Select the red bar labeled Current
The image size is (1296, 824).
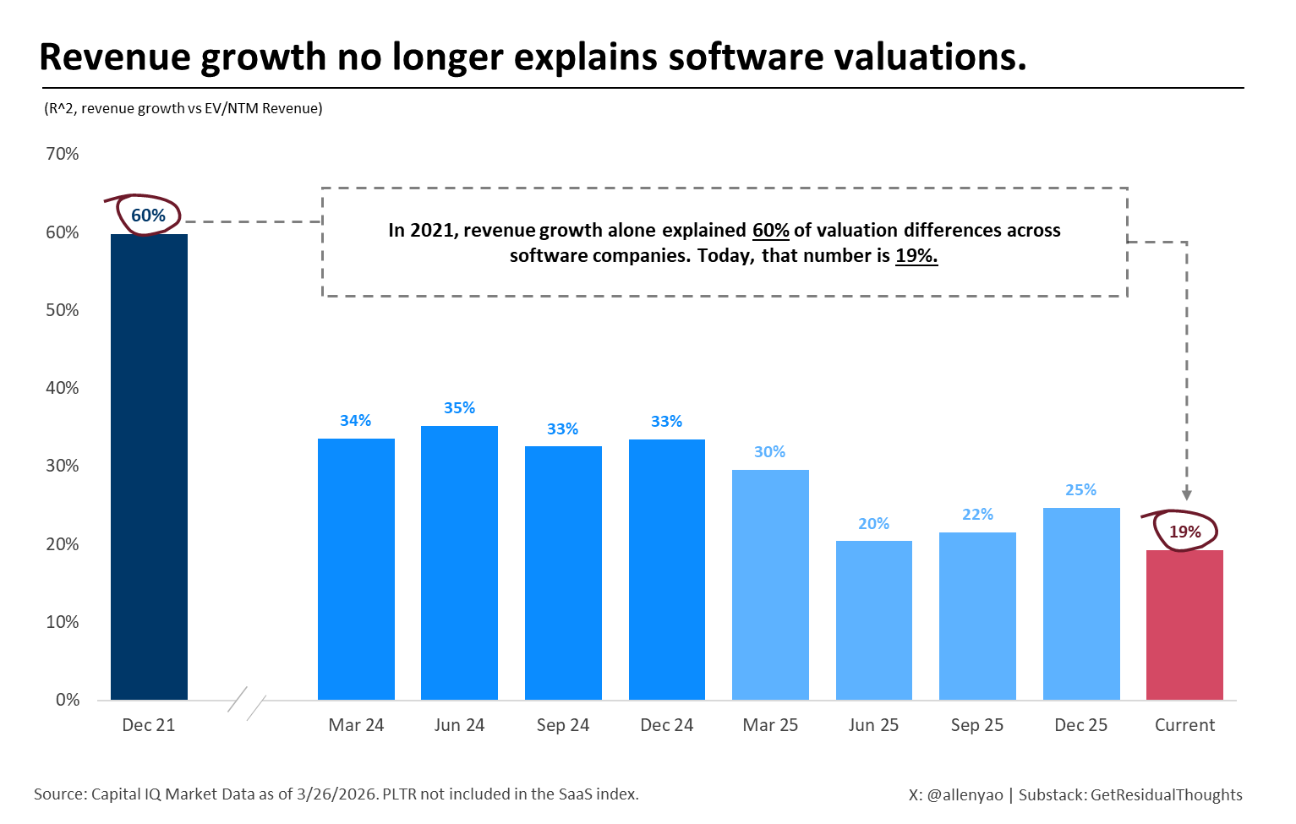(1184, 625)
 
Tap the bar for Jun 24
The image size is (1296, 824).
(459, 563)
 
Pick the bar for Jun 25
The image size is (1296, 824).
(873, 620)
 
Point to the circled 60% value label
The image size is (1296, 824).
(149, 216)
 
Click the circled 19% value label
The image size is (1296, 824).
(1184, 532)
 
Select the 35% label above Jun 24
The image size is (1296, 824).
(459, 408)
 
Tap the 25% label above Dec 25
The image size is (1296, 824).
(1080, 490)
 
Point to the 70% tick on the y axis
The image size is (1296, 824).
(63, 154)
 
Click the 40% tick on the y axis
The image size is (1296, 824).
(63, 388)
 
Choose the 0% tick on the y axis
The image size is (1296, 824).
(68, 700)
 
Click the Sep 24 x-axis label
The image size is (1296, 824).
(563, 725)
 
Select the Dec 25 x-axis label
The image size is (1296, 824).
(1080, 725)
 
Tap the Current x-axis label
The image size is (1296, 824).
(1184, 725)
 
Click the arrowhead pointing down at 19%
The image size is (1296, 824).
(1186, 494)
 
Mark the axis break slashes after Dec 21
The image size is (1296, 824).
(247, 702)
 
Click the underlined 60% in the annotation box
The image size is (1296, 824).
(770, 231)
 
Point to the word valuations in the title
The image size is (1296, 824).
(930, 57)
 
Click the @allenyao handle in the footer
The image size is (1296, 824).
(965, 794)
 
